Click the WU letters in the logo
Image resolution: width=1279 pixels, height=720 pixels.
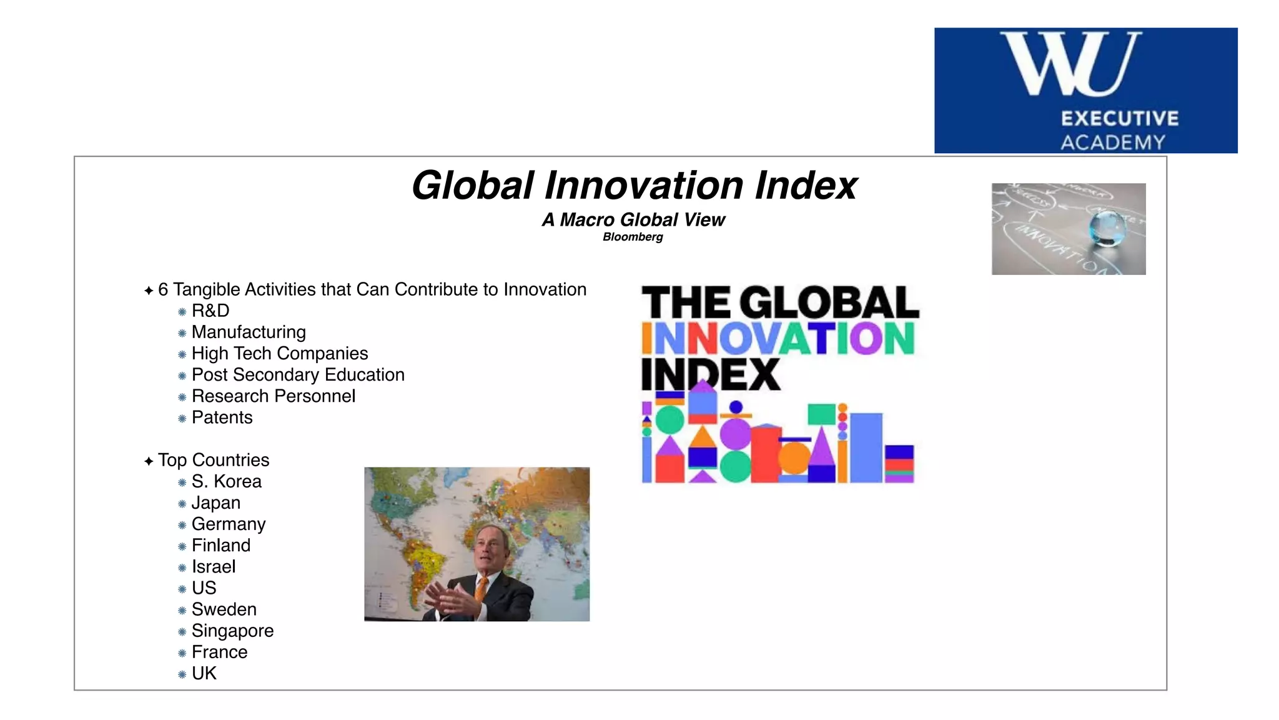coord(1070,64)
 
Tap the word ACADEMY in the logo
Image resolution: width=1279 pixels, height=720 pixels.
coord(1113,142)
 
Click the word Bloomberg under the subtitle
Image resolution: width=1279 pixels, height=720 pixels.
coord(633,237)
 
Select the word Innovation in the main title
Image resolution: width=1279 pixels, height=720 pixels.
coord(644,186)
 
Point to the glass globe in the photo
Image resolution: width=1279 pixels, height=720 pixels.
coord(1107,229)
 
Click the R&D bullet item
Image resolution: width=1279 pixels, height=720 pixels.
coord(210,311)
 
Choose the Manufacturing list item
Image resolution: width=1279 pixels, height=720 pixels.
coord(249,332)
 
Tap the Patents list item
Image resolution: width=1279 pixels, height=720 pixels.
coord(222,417)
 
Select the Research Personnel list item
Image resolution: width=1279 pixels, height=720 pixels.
coord(273,396)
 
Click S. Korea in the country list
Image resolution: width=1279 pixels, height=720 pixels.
coord(226,481)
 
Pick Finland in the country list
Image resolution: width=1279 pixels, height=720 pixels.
coord(220,546)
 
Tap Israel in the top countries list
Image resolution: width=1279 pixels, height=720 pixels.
coord(213,567)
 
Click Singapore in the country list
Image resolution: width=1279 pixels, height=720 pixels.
coord(232,631)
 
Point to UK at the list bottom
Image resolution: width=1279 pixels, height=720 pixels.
coord(204,673)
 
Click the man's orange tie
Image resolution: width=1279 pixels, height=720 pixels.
coord(481,587)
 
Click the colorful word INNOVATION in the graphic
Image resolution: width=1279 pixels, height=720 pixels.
coord(778,339)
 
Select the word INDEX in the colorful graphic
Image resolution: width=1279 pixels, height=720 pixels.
coord(711,374)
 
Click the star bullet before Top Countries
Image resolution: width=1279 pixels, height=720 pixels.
coord(149,461)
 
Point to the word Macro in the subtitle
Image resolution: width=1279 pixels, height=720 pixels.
coord(588,220)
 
